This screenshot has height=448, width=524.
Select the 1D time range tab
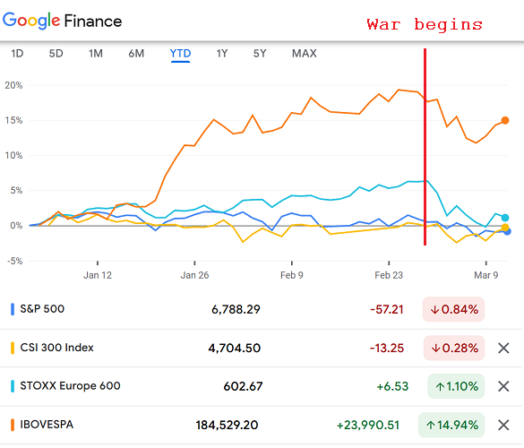(17, 54)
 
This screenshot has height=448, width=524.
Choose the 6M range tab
(136, 54)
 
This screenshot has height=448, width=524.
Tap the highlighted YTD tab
(180, 54)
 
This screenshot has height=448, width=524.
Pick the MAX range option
(304, 54)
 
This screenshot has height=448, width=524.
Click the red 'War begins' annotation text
(424, 24)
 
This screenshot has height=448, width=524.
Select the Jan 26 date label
(194, 275)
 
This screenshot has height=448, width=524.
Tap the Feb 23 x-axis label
(391, 275)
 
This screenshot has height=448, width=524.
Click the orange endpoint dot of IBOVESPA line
(505, 120)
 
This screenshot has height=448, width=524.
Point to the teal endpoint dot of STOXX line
(506, 218)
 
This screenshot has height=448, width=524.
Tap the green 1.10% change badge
(456, 386)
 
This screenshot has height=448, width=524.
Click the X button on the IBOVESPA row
(503, 425)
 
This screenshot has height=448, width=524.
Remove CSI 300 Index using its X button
(503, 348)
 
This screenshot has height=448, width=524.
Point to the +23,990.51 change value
(370, 425)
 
